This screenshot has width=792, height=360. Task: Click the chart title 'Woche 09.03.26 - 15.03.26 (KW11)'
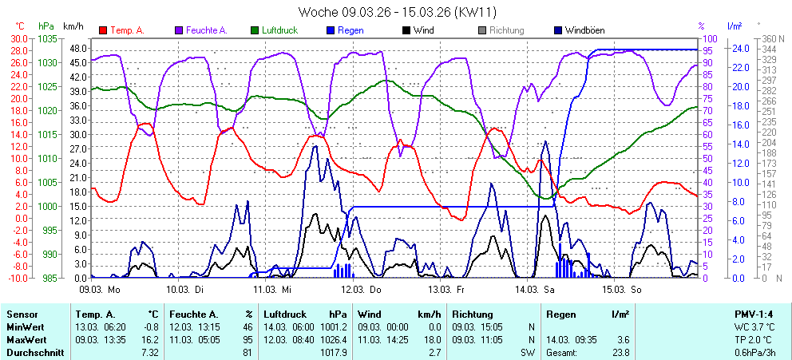coord(396,13)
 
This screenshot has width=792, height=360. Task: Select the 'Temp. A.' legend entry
coord(126,30)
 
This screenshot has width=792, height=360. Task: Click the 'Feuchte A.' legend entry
coord(206,30)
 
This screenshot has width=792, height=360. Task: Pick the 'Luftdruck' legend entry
coord(281,30)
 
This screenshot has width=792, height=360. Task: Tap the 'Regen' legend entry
coord(350,30)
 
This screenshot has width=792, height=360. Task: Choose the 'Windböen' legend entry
coord(584,30)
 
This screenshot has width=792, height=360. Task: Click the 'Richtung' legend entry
coord(506,30)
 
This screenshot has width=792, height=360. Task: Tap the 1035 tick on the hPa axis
coord(46,38)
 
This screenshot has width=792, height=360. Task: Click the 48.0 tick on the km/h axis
coord(77,48)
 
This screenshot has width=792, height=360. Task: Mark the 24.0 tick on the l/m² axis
coord(741,48)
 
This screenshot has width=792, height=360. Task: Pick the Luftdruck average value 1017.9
coord(334,352)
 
